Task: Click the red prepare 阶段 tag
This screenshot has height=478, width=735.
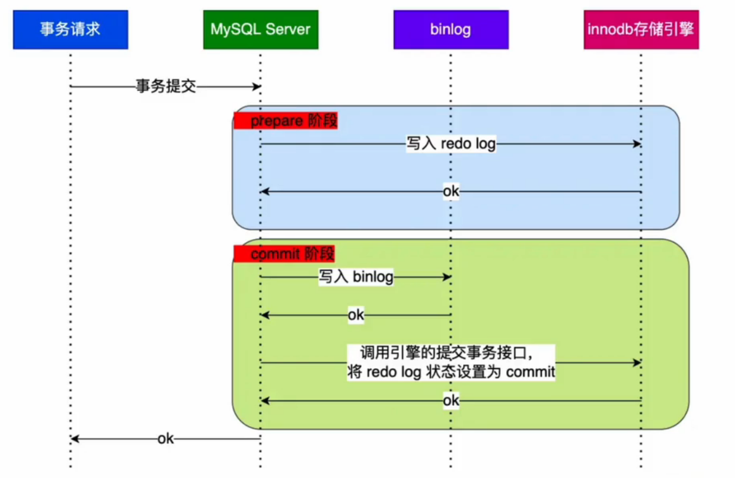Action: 285,121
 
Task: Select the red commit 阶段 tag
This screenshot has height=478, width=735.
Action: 284,254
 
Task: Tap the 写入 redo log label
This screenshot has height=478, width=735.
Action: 451,144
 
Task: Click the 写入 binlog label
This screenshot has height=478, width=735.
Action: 356,277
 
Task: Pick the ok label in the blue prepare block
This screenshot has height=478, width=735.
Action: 451,192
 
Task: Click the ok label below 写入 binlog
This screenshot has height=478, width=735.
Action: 356,314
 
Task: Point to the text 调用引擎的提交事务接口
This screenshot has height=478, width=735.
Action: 451,352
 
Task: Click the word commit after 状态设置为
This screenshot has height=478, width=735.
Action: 530,372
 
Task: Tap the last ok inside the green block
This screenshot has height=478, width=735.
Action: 451,400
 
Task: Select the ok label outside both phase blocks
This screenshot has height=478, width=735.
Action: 165,439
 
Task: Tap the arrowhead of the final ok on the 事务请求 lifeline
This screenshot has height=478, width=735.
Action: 74,439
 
